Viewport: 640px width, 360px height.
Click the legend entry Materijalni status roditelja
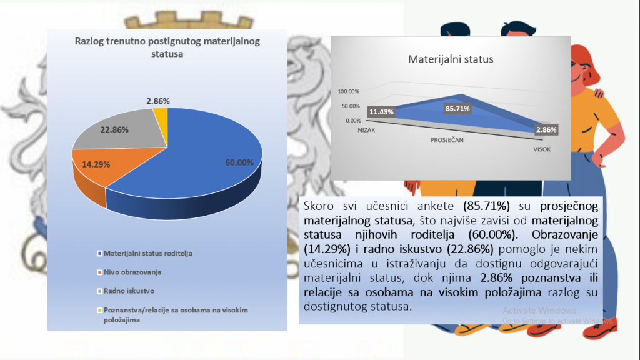144,254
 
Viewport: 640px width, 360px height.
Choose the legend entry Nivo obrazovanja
129,272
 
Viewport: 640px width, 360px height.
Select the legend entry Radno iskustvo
126,291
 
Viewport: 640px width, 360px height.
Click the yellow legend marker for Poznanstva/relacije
99,310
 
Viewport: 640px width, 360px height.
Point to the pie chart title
167,47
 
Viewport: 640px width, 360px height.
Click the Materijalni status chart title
451,59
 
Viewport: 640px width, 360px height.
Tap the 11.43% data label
381,112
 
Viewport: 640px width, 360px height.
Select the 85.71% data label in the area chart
457,109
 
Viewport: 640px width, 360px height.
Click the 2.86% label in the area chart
546,130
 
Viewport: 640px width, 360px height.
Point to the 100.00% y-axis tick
348,91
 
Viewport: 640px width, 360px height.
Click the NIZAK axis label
366,130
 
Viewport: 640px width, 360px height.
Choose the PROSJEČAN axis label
447,140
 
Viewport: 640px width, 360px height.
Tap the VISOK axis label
542,149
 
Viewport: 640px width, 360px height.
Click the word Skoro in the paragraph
318,206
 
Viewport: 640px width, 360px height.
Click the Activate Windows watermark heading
539,311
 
